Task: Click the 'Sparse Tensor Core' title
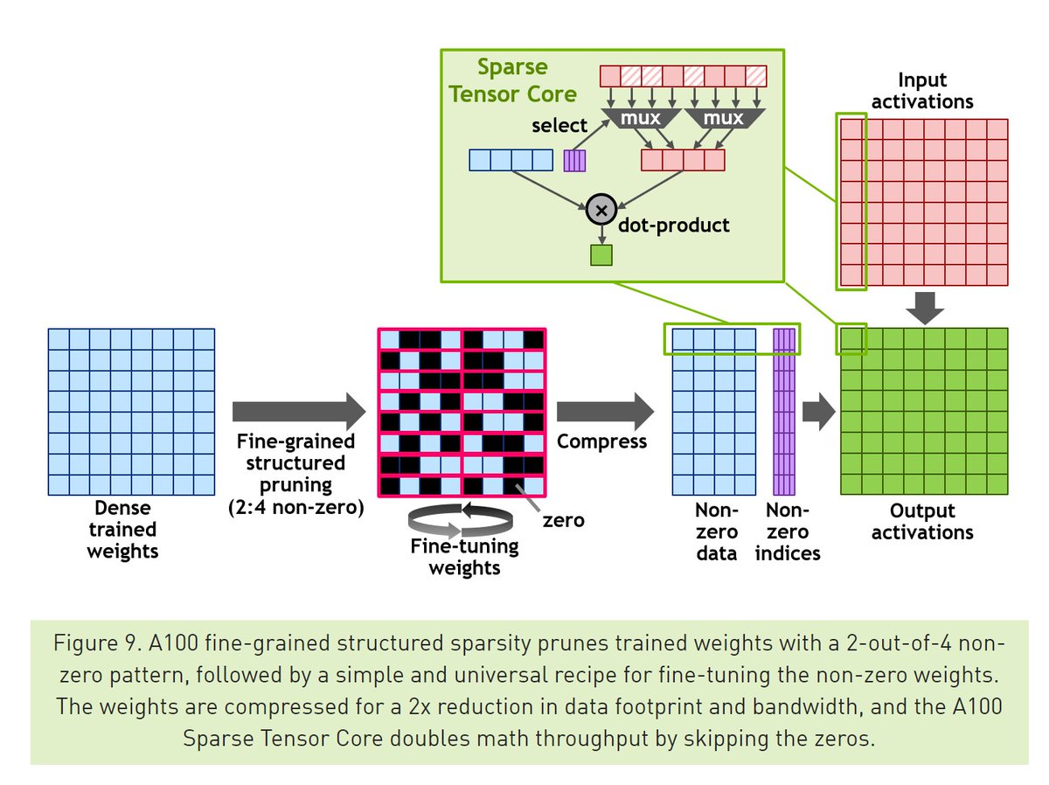(x=513, y=80)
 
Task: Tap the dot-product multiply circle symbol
(x=601, y=209)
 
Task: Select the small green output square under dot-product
(x=601, y=254)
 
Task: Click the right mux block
(x=725, y=117)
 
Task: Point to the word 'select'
(x=559, y=126)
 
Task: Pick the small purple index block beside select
(x=574, y=160)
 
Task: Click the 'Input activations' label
(x=922, y=92)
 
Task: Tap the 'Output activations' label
(x=922, y=521)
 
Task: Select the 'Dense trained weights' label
(x=122, y=529)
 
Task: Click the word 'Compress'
(x=602, y=441)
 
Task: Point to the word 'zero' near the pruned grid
(x=563, y=521)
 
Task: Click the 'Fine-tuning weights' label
(x=464, y=557)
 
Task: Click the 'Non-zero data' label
(x=717, y=531)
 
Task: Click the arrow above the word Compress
(x=604, y=410)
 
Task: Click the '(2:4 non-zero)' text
(x=296, y=505)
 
